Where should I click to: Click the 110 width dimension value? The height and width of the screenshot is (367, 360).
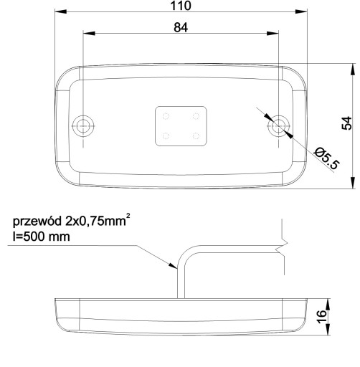pos(181,6)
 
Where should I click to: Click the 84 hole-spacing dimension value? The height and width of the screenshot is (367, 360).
pos(181,27)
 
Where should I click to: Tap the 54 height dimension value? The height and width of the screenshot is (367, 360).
pos(347,123)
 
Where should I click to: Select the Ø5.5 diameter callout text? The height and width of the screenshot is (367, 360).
pos(327,158)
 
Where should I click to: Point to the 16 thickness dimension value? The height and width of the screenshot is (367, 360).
pos(322,317)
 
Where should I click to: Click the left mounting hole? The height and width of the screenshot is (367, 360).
pos(83,126)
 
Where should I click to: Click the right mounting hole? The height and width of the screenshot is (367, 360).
pos(278,126)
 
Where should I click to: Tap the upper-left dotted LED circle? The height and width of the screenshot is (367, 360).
pos(166,116)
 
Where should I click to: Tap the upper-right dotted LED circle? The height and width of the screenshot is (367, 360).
pos(196,116)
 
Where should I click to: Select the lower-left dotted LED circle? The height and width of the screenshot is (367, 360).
pos(166,136)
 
